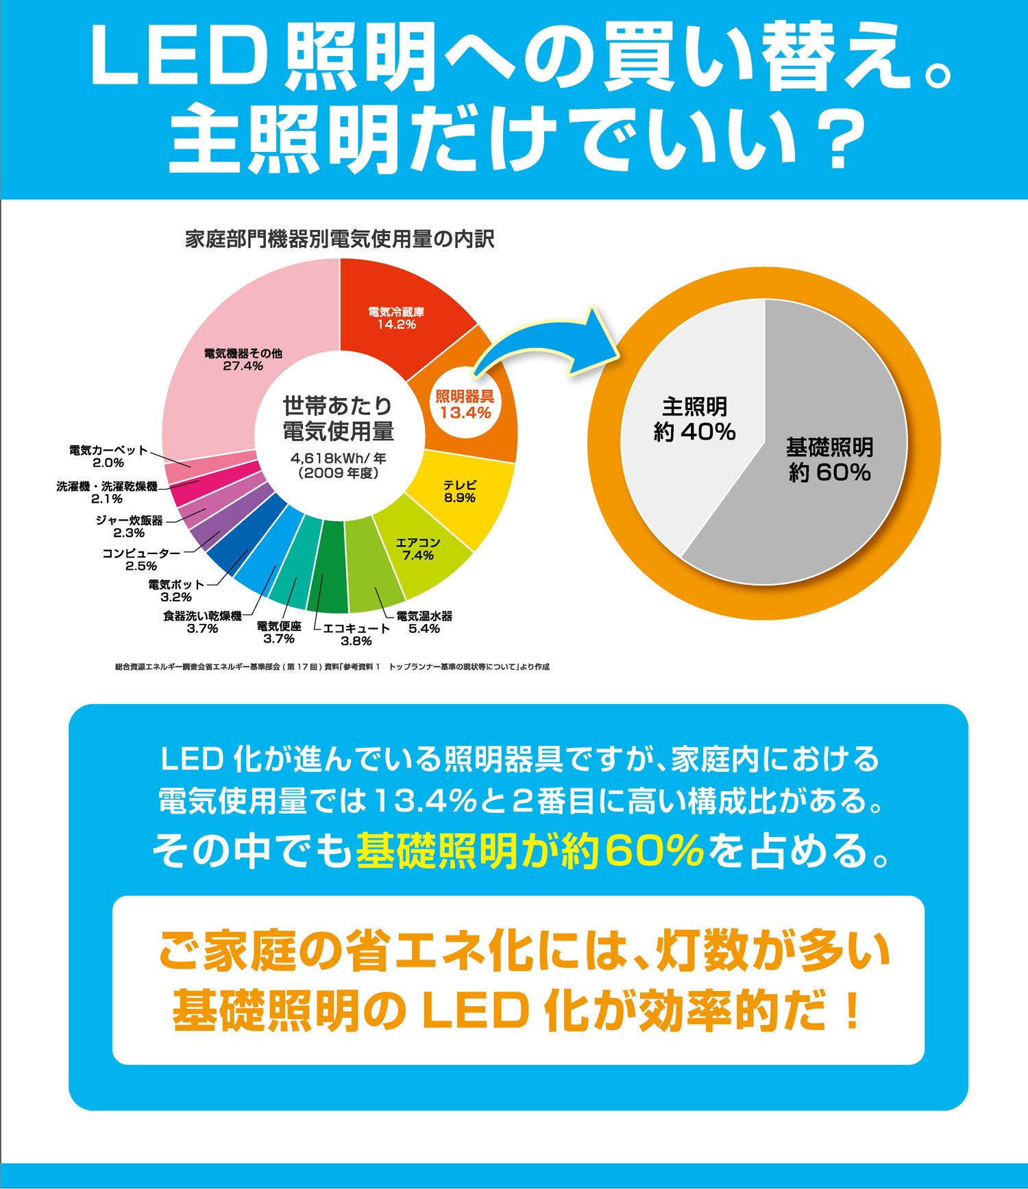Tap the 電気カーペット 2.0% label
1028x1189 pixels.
pyautogui.click(x=108, y=456)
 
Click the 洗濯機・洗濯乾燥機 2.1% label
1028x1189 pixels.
pyautogui.click(x=107, y=492)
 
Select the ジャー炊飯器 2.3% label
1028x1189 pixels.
pyautogui.click(x=130, y=526)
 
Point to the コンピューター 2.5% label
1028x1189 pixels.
pyautogui.click(x=141, y=559)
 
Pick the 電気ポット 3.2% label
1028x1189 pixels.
pyautogui.click(x=176, y=590)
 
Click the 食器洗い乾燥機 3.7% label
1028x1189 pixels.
pyautogui.click(x=202, y=622)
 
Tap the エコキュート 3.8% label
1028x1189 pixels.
pyautogui.click(x=356, y=634)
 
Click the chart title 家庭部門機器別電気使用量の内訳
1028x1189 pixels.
pyautogui.click(x=340, y=239)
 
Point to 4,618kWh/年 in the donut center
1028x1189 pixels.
pyautogui.click(x=339, y=458)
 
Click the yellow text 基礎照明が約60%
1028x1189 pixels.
pyautogui.click(x=530, y=850)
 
